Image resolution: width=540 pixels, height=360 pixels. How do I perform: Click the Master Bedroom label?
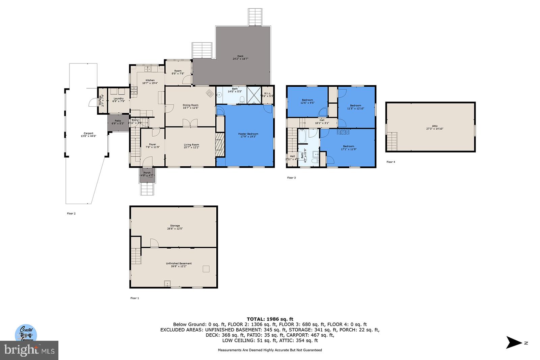point(248,134)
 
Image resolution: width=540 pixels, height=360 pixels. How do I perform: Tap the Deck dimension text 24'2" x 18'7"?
point(240,59)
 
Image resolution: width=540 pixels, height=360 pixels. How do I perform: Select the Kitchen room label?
point(150,80)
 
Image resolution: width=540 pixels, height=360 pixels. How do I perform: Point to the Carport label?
point(88,133)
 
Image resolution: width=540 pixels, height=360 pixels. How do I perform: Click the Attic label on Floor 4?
point(435,126)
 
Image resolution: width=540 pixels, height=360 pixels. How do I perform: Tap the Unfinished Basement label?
point(179,264)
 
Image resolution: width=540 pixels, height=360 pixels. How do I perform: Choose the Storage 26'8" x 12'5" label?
point(175,227)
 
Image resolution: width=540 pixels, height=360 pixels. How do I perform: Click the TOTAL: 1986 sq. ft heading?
point(270,319)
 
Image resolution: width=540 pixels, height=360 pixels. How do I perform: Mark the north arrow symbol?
point(514,342)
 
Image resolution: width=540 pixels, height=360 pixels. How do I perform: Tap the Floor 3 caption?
point(291,178)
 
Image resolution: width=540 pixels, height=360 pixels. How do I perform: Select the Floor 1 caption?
point(135,298)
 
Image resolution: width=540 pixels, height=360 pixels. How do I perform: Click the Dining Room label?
point(190,105)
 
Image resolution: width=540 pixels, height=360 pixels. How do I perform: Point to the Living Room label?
point(191,145)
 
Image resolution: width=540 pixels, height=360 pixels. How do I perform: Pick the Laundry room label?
point(118,99)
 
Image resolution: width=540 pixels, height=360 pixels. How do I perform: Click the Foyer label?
point(153,144)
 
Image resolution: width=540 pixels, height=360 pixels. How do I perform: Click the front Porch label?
point(147,173)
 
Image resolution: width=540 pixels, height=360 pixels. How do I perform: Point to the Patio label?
point(118,121)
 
